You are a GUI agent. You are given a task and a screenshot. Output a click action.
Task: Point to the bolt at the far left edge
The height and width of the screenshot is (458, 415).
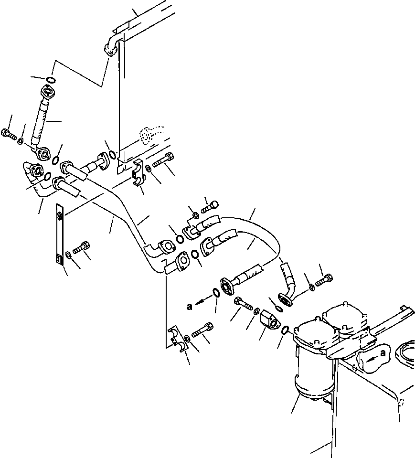click(x=9, y=134)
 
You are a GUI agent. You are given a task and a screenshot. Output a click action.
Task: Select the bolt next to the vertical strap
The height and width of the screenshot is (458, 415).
click(x=82, y=249)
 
